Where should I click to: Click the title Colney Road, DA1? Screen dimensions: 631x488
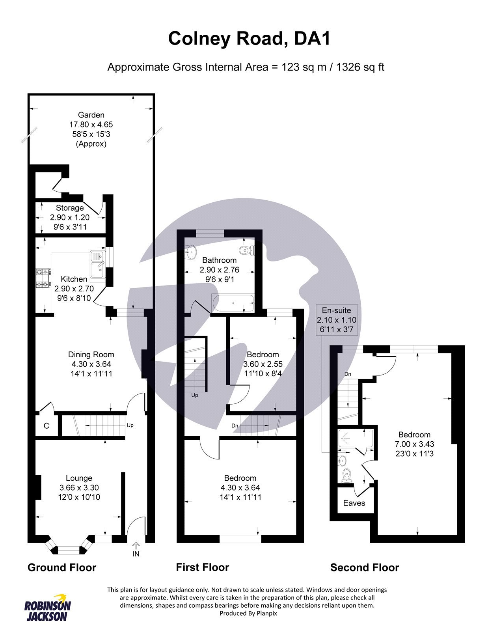[249, 39]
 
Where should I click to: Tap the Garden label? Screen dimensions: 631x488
[91, 115]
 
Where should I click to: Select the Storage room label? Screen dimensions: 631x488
[70, 208]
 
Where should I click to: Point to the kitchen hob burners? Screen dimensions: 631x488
[43, 278]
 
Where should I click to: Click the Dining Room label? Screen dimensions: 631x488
[91, 355]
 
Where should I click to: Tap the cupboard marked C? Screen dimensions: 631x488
[47, 426]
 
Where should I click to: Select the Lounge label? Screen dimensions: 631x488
[79, 478]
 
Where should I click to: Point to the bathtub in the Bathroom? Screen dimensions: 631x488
[233, 303]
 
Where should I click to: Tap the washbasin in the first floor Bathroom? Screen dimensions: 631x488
[191, 251]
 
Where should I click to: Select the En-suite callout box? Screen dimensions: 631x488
[337, 319]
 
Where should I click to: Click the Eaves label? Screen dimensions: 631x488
[354, 503]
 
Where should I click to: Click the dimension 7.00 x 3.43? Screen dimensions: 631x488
[415, 444]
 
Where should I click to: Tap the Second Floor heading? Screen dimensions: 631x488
[365, 568]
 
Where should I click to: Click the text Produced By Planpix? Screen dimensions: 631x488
[248, 613]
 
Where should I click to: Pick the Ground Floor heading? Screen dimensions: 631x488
[62, 568]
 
